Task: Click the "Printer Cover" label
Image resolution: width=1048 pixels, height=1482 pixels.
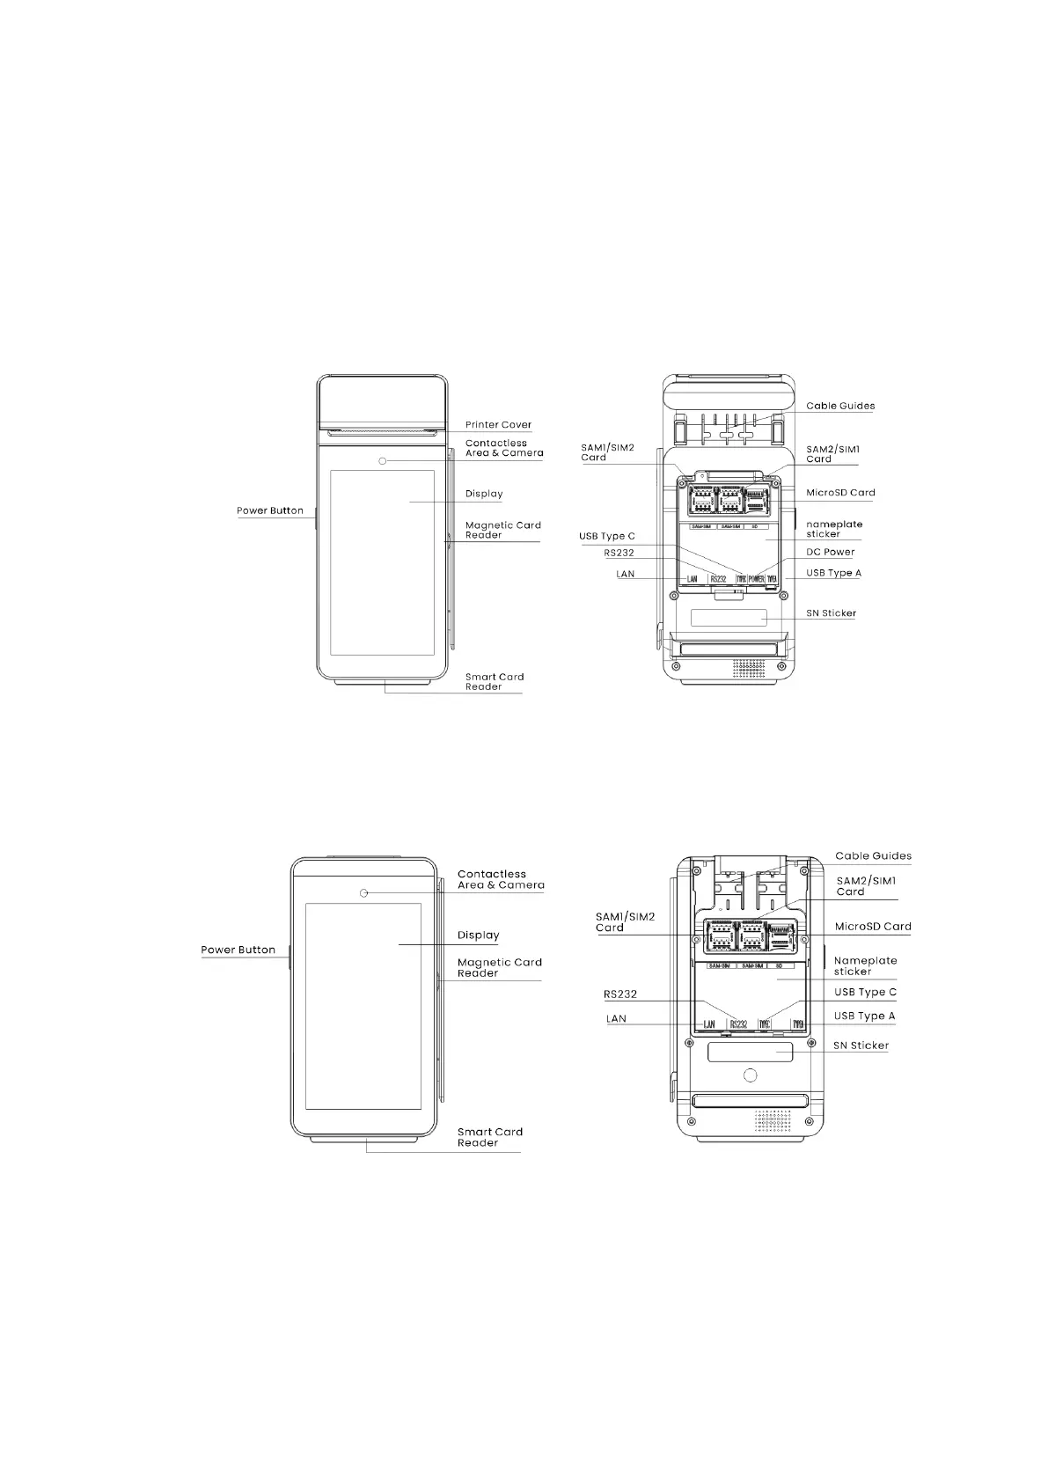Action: [x=498, y=425]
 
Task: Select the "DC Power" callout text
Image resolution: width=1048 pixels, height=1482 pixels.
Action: [x=830, y=553]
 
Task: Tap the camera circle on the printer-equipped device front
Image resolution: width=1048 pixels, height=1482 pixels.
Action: [x=383, y=461]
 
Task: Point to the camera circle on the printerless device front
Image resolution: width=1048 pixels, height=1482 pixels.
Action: [x=363, y=894]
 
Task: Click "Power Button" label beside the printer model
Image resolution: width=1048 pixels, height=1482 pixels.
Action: [x=269, y=510]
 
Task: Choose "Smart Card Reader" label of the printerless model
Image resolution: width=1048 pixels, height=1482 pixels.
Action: [x=489, y=1137]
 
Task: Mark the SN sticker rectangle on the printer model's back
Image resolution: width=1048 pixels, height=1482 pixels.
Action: [x=728, y=617]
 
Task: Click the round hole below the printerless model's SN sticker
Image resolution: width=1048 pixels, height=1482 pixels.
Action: [x=750, y=1075]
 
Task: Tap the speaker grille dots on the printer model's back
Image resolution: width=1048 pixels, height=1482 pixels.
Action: [x=749, y=668]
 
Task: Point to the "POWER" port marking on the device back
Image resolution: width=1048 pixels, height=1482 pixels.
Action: [x=756, y=579]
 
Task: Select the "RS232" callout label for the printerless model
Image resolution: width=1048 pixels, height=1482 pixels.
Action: [x=620, y=994]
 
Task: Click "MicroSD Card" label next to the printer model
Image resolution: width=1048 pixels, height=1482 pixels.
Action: [x=840, y=493]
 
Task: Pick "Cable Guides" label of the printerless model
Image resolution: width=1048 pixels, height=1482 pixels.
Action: [x=873, y=855]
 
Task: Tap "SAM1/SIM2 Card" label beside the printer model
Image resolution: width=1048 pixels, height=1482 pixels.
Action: [x=607, y=452]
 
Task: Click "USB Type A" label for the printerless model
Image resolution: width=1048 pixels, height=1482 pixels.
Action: [x=864, y=1016]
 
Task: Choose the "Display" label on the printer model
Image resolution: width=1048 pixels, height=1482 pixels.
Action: [x=484, y=494]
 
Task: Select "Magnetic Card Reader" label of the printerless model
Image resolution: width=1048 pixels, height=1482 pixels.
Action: [x=499, y=967]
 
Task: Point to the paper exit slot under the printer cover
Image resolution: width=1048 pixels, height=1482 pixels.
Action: [x=382, y=433]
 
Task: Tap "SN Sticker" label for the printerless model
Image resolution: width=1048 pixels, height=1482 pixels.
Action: [x=861, y=1045]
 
